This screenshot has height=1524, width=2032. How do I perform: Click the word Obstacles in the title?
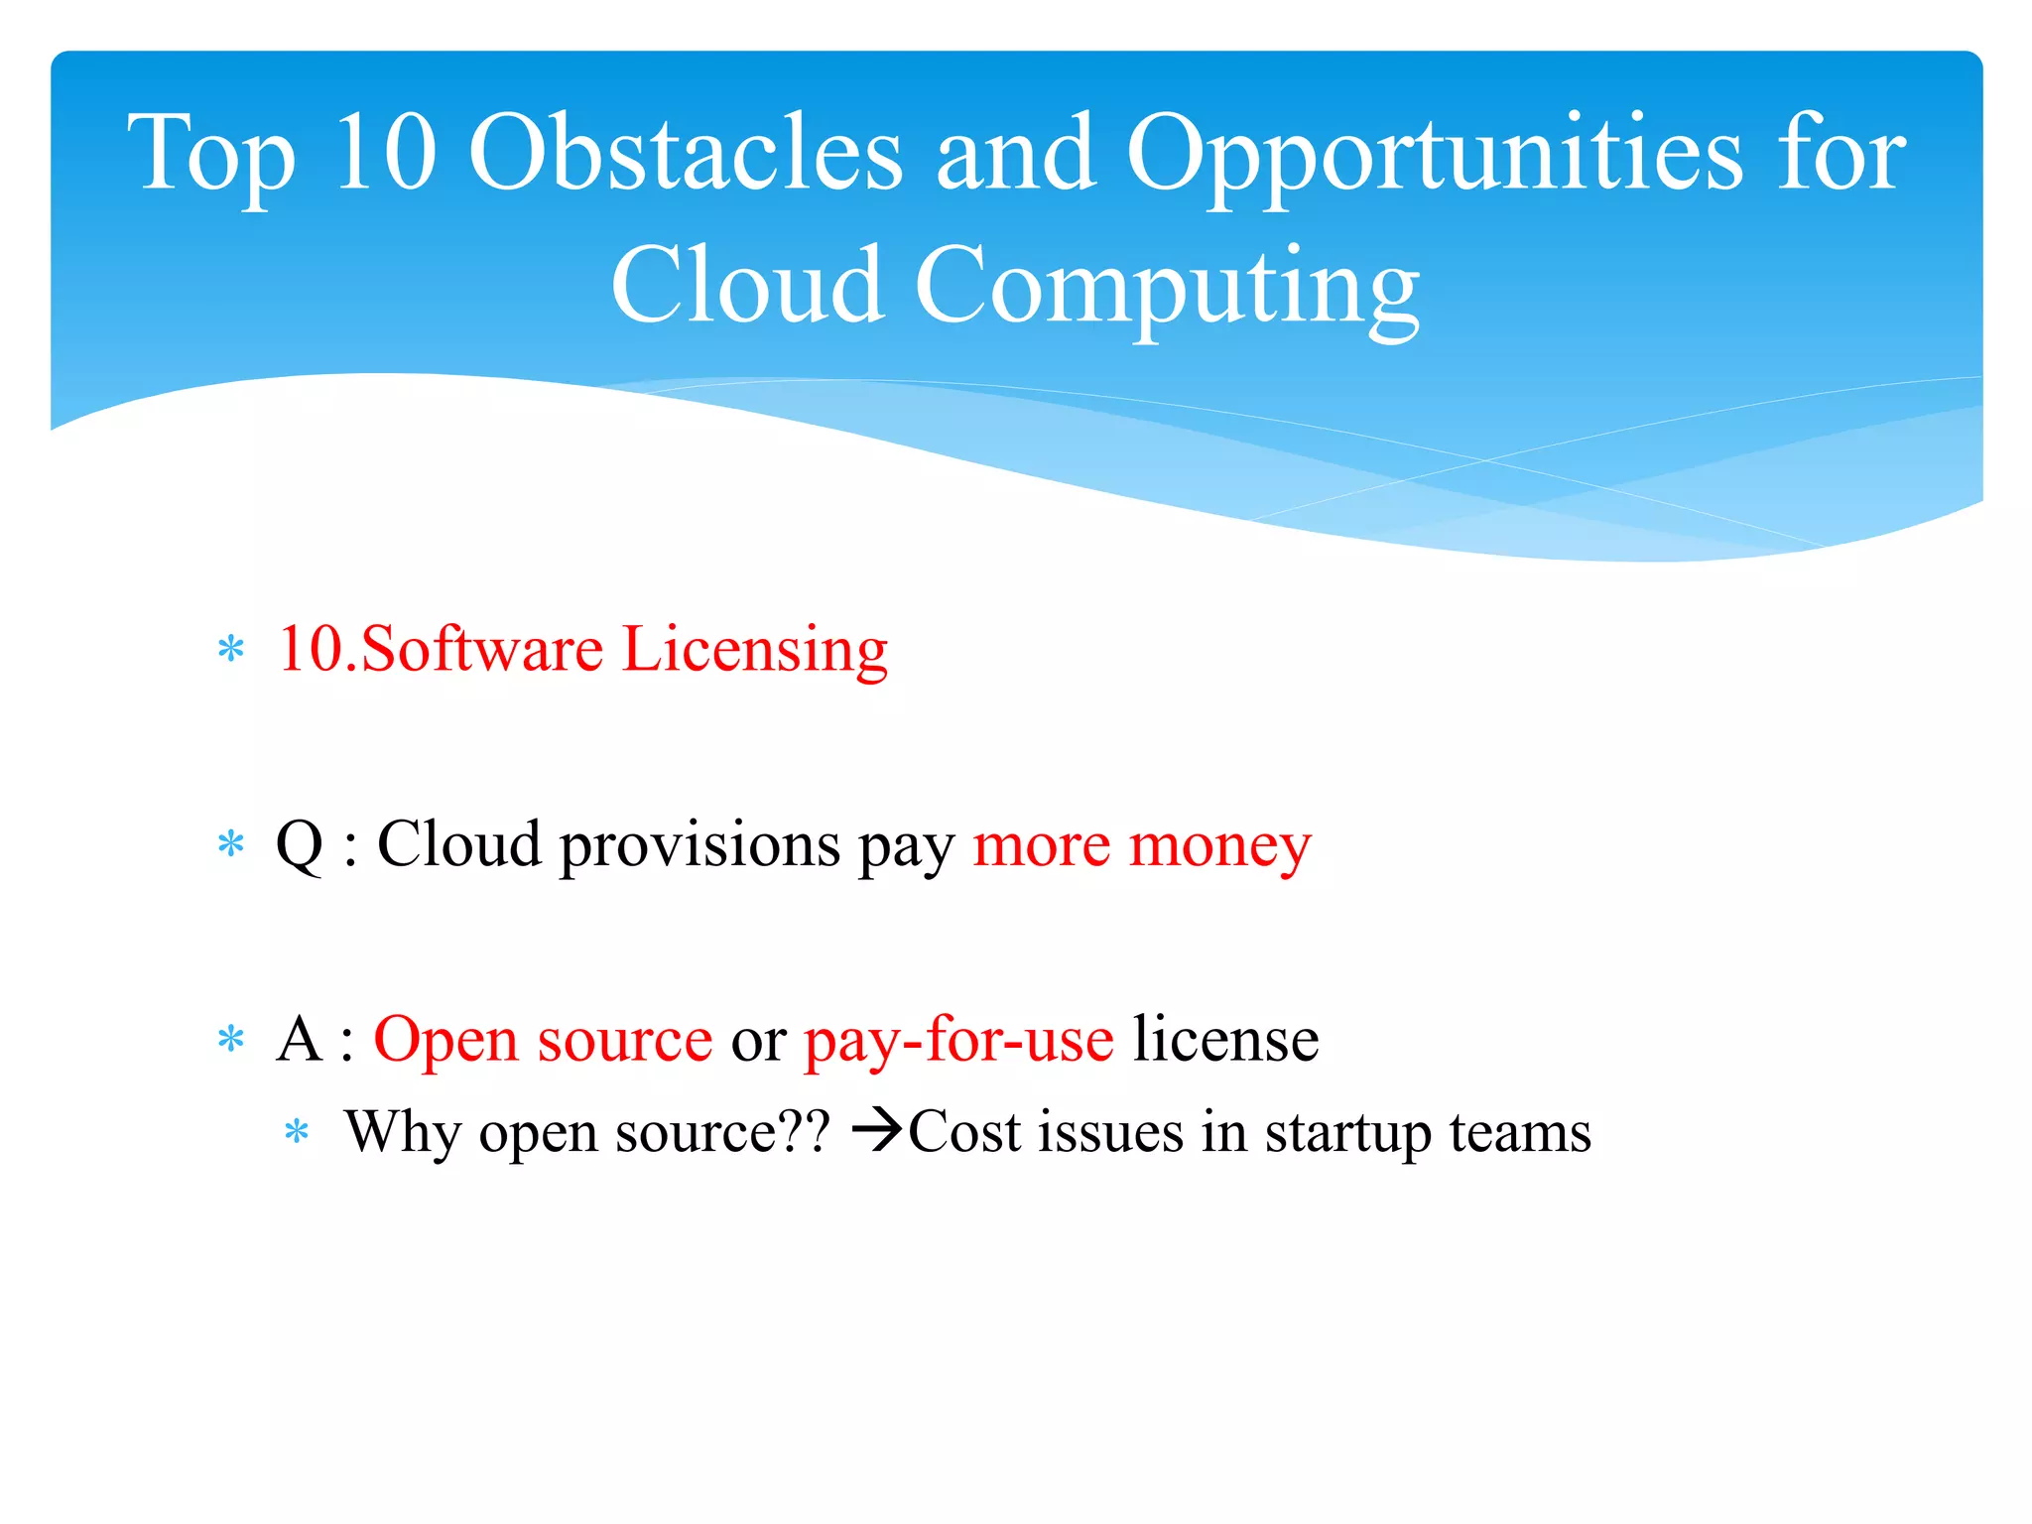(685, 154)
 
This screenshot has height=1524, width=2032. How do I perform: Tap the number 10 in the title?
(385, 154)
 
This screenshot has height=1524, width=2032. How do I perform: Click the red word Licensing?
(754, 651)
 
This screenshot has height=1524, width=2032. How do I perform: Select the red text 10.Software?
(441, 649)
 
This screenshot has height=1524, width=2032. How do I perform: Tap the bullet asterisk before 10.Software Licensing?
(231, 651)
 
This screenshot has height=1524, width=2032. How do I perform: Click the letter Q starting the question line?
(299, 845)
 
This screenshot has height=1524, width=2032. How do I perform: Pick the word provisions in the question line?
(699, 846)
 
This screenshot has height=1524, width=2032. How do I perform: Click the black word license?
(1225, 1040)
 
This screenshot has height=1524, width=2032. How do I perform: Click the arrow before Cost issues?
(877, 1131)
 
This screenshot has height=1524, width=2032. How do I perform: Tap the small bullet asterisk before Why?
(297, 1132)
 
